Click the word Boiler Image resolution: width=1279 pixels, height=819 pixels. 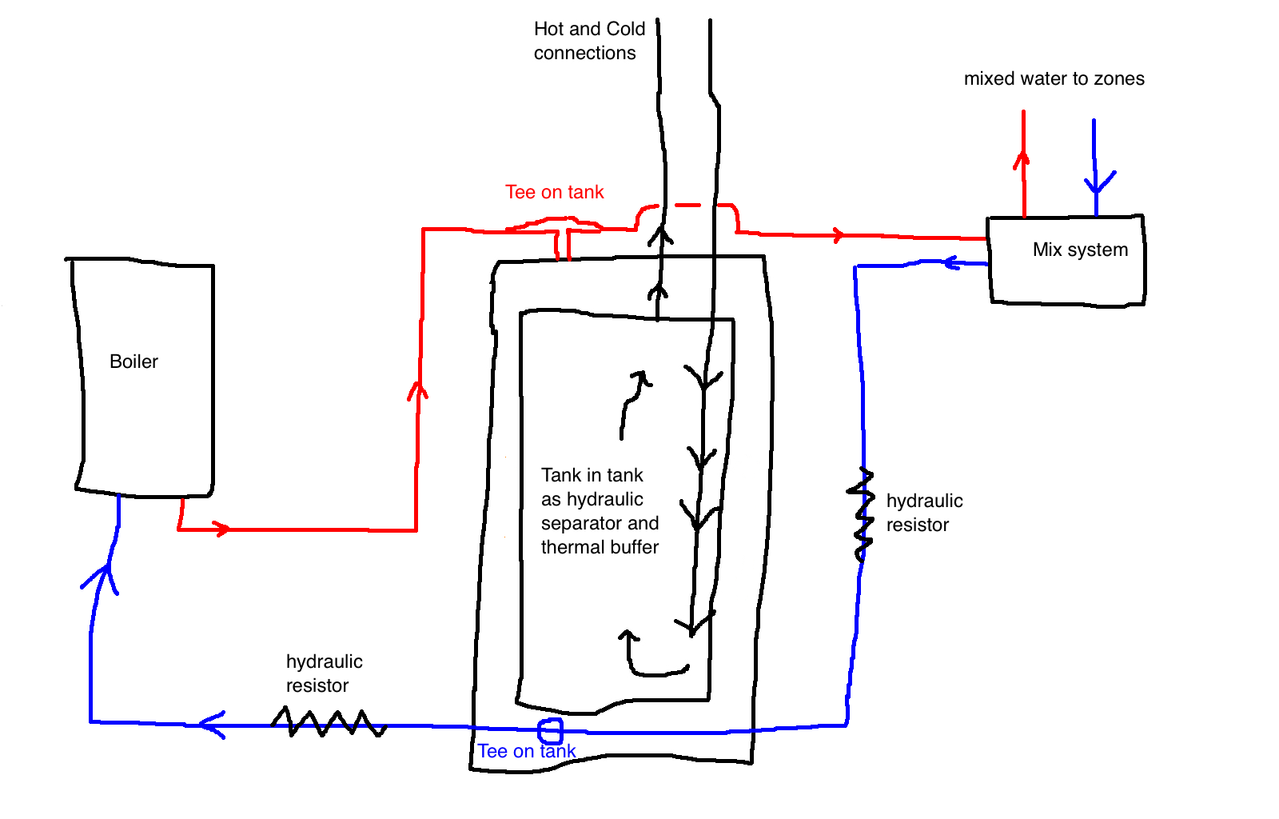click(x=133, y=362)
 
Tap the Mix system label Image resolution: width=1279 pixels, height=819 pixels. click(x=1080, y=250)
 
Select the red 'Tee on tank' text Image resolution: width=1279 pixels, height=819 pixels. click(x=555, y=192)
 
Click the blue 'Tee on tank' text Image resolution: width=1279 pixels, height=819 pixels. click(x=527, y=751)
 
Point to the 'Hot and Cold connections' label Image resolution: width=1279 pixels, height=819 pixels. click(x=589, y=41)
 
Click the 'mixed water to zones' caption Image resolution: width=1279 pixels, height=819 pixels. click(x=1054, y=78)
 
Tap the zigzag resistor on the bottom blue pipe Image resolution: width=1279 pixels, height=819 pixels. click(x=329, y=722)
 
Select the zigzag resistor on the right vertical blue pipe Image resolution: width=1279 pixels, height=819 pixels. click(x=861, y=514)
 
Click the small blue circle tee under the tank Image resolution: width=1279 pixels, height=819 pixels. click(x=551, y=731)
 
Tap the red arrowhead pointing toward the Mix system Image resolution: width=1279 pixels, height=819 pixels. click(x=838, y=234)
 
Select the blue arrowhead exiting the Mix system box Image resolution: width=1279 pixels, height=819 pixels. click(x=952, y=262)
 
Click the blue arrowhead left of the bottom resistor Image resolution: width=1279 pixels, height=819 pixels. click(x=212, y=725)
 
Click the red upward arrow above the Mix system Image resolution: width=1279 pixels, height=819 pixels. click(x=1024, y=164)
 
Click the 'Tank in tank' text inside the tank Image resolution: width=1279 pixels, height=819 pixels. click(x=592, y=475)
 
